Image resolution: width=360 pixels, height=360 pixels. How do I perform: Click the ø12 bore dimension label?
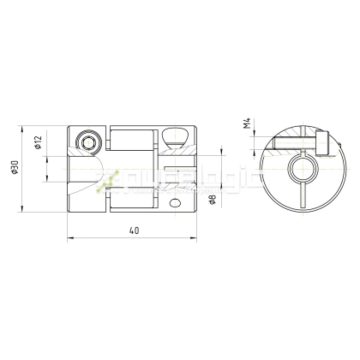39,142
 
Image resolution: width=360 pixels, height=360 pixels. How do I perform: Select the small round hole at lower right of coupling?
177,202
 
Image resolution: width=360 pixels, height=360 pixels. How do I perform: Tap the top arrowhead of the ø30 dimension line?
23,128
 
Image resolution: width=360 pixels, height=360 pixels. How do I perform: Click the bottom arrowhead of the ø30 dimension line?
23,212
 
